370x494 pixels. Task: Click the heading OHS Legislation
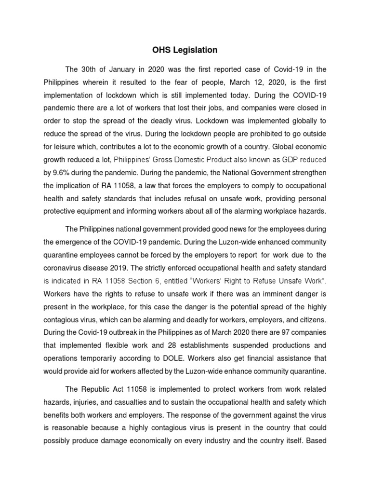tap(185, 50)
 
